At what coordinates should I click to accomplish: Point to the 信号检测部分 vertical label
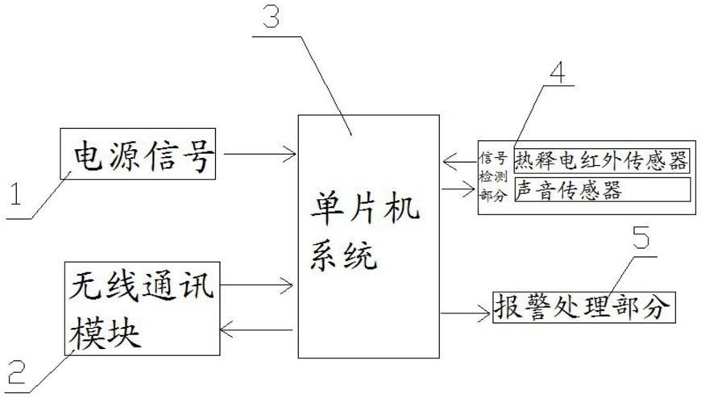[494, 176]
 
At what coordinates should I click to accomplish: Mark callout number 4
[557, 72]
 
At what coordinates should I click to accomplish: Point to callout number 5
[641, 237]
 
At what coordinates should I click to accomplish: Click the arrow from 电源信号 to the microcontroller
[259, 154]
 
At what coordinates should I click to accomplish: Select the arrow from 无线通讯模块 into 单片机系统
[256, 285]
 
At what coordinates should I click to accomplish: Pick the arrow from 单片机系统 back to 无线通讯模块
[256, 330]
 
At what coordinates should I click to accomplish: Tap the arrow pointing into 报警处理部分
[466, 313]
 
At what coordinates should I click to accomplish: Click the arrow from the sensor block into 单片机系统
[460, 161]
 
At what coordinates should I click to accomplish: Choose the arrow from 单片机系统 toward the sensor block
[458, 189]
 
